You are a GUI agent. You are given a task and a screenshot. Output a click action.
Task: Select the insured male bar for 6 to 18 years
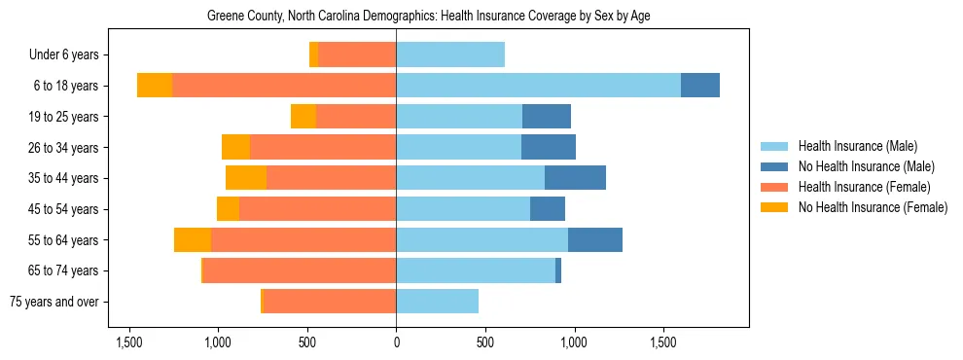(538, 86)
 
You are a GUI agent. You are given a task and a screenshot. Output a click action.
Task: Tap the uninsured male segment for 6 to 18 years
(700, 86)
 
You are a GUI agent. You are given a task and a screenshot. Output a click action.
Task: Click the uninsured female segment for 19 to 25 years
(303, 117)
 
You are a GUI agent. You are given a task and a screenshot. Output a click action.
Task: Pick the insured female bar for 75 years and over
(330, 302)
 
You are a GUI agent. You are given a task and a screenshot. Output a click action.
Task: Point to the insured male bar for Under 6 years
(450, 55)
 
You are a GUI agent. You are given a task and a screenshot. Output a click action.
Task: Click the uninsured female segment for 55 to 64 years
(193, 240)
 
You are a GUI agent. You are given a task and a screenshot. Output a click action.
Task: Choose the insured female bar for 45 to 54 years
(317, 209)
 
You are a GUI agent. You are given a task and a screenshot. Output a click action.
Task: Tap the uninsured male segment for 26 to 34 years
(549, 148)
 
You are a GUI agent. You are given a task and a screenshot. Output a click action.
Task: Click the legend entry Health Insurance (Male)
(857, 146)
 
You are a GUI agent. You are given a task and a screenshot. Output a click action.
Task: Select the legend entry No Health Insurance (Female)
(873, 207)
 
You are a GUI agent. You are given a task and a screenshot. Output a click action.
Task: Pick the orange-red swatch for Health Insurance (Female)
(774, 187)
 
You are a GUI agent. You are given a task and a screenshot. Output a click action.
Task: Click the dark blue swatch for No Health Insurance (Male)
(774, 166)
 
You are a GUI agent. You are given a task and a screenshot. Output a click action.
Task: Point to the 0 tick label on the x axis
(396, 343)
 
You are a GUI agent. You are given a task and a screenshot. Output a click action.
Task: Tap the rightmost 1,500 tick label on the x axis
(663, 343)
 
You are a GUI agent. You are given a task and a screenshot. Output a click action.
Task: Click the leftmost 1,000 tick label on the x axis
(218, 343)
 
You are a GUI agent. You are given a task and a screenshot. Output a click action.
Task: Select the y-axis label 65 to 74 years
(63, 270)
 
